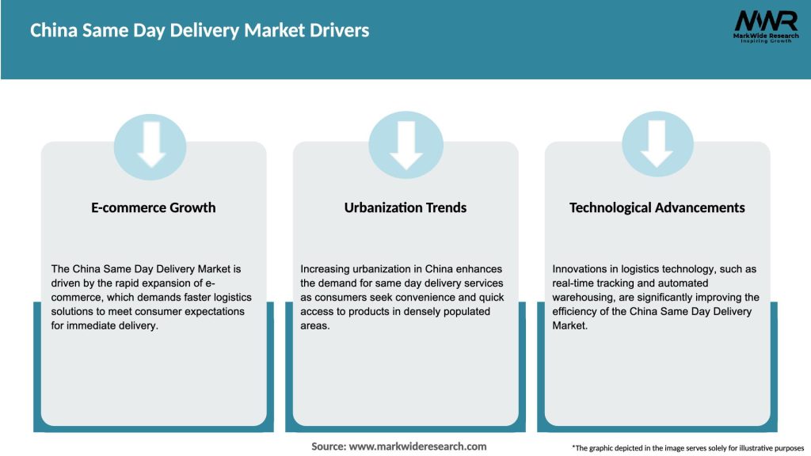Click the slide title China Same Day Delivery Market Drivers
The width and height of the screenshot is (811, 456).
click(199, 31)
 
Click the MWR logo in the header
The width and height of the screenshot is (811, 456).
click(765, 21)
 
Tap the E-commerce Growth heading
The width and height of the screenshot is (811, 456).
click(153, 207)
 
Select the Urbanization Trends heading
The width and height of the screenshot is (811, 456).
click(405, 207)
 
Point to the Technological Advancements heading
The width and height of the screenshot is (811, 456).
click(657, 207)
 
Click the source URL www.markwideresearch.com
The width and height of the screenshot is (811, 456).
click(417, 446)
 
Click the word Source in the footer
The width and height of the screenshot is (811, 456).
click(328, 446)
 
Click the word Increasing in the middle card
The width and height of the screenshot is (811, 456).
click(327, 269)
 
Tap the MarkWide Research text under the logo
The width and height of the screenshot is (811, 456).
click(765, 36)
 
